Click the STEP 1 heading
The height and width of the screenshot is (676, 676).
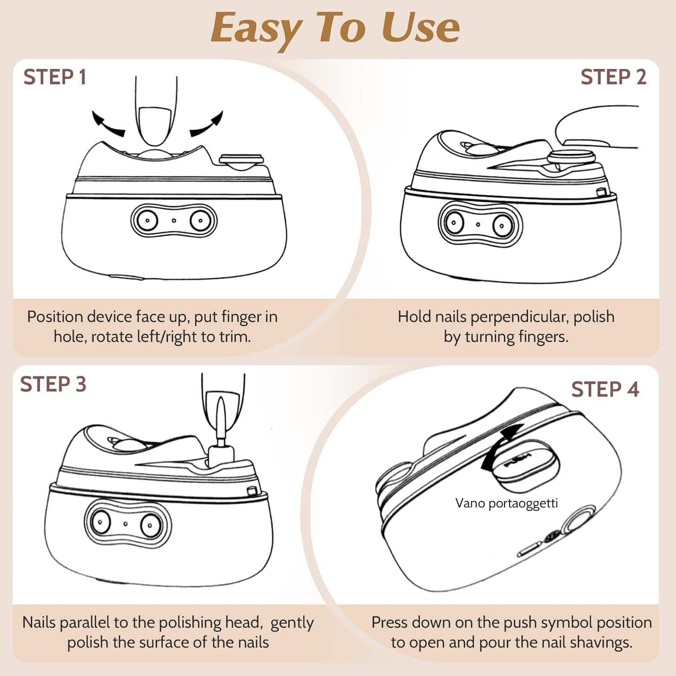[55, 77]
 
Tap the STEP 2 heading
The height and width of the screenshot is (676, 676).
[613, 77]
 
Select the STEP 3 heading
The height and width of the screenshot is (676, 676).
[53, 384]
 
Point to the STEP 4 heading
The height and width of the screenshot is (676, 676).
[605, 389]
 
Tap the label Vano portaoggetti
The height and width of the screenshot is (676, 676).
[507, 503]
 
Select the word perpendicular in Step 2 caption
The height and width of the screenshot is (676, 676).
[520, 317]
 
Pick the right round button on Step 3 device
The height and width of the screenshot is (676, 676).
[149, 525]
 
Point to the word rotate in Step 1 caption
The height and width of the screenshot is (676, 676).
[111, 337]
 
